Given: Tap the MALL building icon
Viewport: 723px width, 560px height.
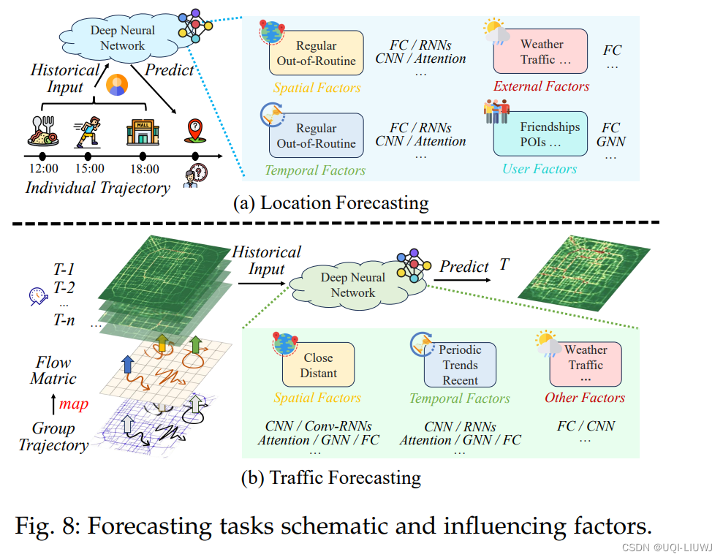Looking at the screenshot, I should pyautogui.click(x=142, y=134).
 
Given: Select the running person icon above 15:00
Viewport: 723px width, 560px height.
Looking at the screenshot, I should pyautogui.click(x=88, y=134).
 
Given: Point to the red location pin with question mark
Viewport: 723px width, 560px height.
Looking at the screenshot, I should pyautogui.click(x=194, y=131).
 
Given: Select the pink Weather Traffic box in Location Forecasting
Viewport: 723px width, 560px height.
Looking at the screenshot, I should pyautogui.click(x=540, y=51).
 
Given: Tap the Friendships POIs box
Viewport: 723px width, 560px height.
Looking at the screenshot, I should pyautogui.click(x=540, y=134).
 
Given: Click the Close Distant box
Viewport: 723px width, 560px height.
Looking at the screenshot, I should pyautogui.click(x=318, y=365).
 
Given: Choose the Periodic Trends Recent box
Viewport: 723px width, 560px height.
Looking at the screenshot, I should pyautogui.click(x=460, y=365).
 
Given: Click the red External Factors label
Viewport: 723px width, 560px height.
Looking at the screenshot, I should pyautogui.click(x=541, y=86).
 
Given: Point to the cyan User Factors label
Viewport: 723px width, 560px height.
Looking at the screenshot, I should pyautogui.click(x=540, y=169).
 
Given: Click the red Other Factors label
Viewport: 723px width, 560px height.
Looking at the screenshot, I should pyautogui.click(x=585, y=398).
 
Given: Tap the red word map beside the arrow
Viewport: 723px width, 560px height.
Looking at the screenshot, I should pyautogui.click(x=74, y=403).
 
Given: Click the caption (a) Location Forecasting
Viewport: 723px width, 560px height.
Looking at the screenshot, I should pyautogui.click(x=330, y=203).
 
